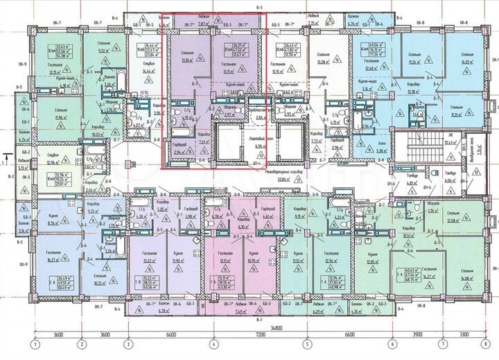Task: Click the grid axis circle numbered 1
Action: point(33,344)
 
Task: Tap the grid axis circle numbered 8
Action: point(488,344)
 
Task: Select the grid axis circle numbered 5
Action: point(306,344)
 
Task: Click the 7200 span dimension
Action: point(259,334)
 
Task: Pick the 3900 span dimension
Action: point(417,334)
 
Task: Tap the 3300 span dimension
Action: point(465,334)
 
